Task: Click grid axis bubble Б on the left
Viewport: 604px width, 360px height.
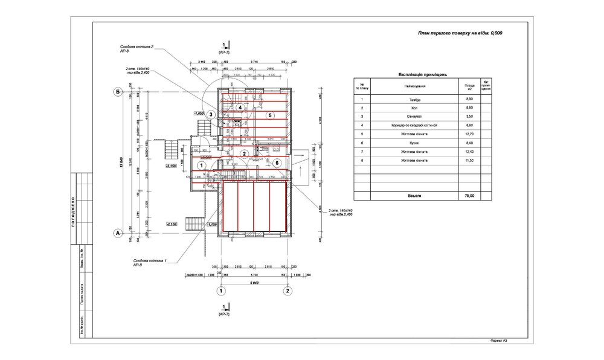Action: [118, 92]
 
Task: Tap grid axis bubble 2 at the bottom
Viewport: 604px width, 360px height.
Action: [288, 291]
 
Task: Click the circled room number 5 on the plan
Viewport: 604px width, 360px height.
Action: [271, 115]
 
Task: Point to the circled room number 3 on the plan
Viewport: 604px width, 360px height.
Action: [211, 114]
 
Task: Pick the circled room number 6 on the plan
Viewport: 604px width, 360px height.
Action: [277, 162]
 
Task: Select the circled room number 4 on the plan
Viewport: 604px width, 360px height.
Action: [240, 108]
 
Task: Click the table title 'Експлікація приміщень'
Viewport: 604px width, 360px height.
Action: [423, 74]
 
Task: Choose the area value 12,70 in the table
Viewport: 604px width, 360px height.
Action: [469, 135]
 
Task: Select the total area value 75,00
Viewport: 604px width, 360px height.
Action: [469, 195]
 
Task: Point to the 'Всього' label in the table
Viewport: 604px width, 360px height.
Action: [414, 195]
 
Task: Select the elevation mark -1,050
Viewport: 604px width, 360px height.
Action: [199, 113]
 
